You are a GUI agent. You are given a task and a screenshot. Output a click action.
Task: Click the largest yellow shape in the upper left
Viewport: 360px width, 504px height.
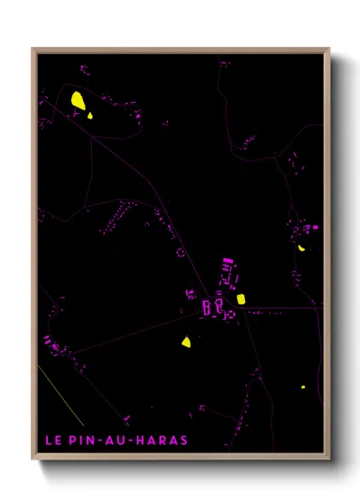78,101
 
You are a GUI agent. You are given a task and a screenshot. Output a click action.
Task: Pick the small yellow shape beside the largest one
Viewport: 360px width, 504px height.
90,115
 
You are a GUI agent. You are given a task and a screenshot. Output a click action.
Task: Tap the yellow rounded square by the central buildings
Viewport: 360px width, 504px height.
241,299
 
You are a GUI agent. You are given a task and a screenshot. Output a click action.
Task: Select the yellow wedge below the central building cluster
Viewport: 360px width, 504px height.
186,342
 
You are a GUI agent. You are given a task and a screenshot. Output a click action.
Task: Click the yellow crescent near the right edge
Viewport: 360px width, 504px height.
301,249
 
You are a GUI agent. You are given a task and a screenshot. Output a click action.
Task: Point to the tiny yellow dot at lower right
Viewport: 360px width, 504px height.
303,387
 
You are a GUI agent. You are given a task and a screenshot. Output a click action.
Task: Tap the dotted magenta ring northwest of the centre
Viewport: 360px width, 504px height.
180,252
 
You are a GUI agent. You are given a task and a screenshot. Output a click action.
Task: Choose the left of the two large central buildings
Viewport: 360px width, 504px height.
207,307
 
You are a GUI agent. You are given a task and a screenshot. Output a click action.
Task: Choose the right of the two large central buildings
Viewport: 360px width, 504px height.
219,305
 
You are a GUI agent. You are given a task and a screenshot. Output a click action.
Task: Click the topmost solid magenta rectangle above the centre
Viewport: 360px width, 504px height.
227,261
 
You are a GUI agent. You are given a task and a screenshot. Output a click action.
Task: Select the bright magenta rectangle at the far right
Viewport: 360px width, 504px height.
315,228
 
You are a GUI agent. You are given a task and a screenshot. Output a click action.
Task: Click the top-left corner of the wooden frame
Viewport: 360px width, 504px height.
33,49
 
